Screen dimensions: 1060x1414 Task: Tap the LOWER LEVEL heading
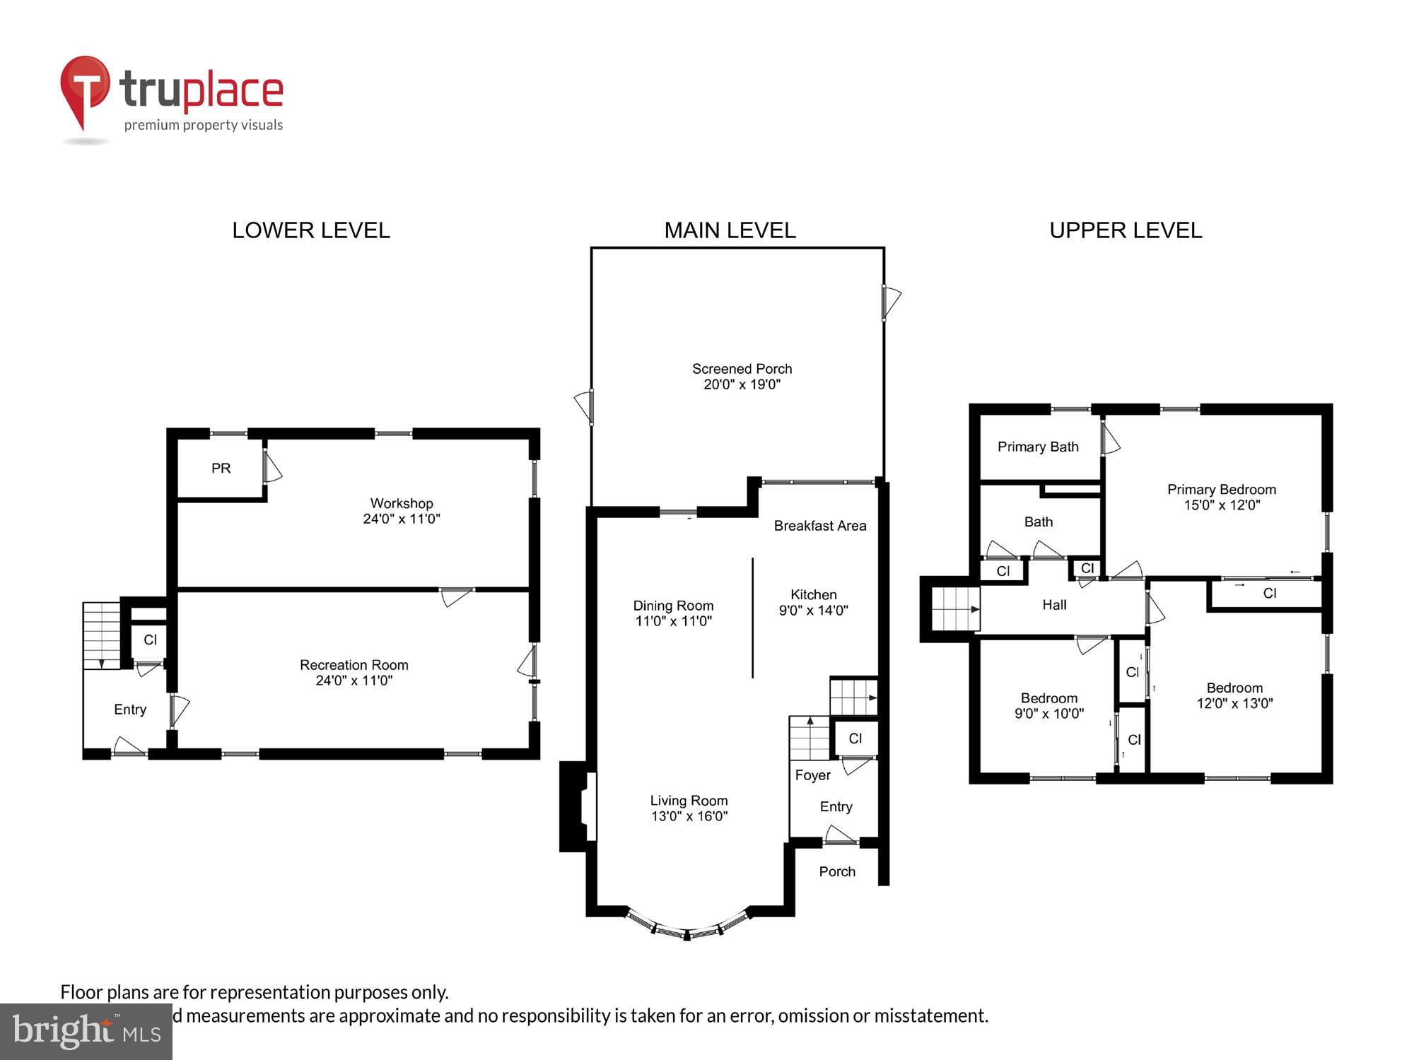[311, 230]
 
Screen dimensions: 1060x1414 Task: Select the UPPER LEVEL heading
[1126, 230]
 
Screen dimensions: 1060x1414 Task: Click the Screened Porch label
[742, 369]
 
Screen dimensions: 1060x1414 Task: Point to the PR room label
[221, 469]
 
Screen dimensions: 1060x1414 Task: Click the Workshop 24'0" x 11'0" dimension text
[402, 519]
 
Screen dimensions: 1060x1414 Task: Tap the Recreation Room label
[353, 665]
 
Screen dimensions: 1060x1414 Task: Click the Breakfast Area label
[819, 526]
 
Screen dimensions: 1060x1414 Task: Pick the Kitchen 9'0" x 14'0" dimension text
[813, 611]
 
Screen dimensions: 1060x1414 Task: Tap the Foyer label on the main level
[812, 775]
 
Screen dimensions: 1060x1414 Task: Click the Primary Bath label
[1037, 447]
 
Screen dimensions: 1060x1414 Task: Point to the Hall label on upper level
[1054, 605]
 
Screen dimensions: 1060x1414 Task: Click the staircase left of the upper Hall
[954, 608]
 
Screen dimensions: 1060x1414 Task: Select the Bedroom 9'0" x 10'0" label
[1048, 706]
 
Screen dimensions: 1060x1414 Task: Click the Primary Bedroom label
[1221, 490]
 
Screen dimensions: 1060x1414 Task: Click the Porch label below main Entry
[837, 872]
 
